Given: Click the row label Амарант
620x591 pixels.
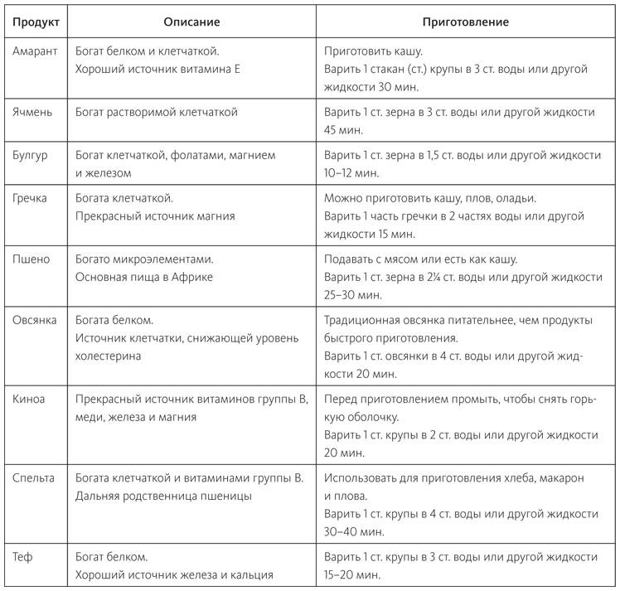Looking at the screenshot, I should tap(36, 51).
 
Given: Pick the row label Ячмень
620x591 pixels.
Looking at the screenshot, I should tap(33, 111).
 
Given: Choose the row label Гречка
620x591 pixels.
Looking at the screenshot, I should tap(31, 198).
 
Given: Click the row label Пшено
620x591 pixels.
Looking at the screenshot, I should tap(31, 259).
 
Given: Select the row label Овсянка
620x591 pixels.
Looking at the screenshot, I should tap(35, 319).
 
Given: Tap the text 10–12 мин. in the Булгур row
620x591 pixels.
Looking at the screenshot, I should tap(351, 172).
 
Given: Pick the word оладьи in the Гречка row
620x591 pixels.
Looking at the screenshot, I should tap(516, 198).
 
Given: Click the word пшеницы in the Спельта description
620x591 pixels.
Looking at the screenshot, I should tap(225, 496).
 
